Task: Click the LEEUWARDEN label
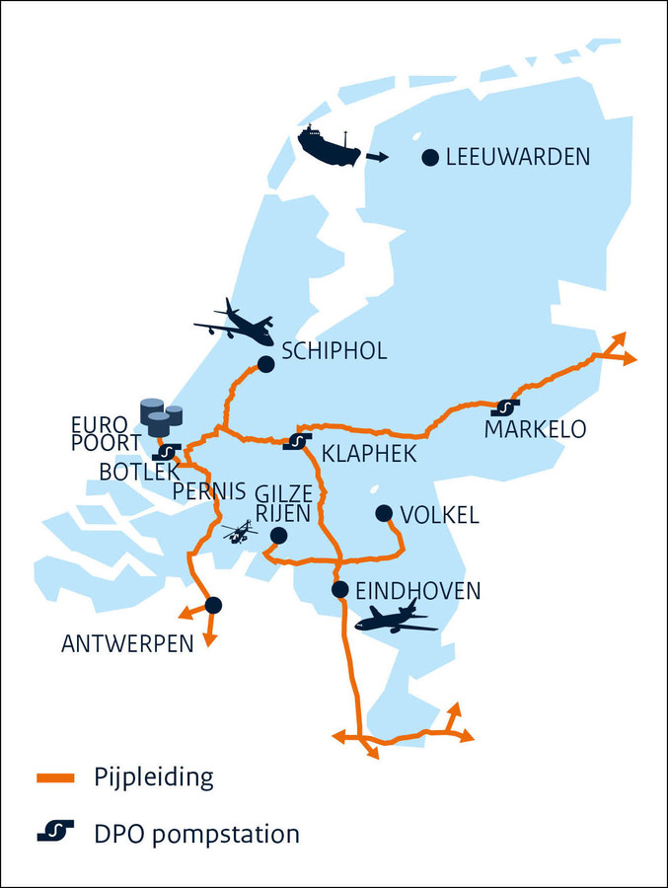(x=518, y=157)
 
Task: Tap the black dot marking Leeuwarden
(x=430, y=157)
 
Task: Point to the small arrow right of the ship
(x=377, y=157)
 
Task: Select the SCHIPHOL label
(x=334, y=351)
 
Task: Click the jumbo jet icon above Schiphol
(x=235, y=323)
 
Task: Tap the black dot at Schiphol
(x=265, y=364)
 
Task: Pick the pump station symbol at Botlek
(x=167, y=452)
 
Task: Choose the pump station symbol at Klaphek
(x=297, y=440)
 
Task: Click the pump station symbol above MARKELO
(x=505, y=407)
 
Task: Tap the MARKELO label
(x=535, y=430)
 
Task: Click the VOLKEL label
(x=440, y=514)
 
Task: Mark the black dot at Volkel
(x=385, y=513)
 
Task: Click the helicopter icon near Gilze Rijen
(x=240, y=532)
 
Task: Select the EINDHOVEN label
(x=418, y=591)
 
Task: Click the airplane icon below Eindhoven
(x=396, y=619)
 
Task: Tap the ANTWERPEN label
(x=126, y=644)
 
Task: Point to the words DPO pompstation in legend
(x=197, y=834)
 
